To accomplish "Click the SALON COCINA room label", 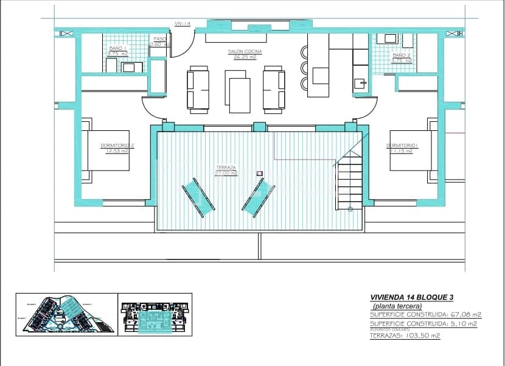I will (245, 52).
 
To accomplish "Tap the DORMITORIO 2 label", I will (117, 146).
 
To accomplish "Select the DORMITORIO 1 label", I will (402, 146).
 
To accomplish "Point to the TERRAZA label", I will (226, 167).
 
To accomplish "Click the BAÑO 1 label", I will (117, 48).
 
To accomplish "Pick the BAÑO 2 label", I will (401, 55).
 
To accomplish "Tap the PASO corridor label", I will (160, 38).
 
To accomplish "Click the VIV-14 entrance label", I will (183, 24).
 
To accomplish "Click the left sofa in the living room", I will (197, 90).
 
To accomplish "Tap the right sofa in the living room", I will (274, 90).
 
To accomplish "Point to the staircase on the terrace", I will (350, 180).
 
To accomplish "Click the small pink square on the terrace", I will (260, 174).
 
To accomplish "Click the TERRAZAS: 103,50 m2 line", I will (405, 336).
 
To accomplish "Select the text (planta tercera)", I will (397, 306).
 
